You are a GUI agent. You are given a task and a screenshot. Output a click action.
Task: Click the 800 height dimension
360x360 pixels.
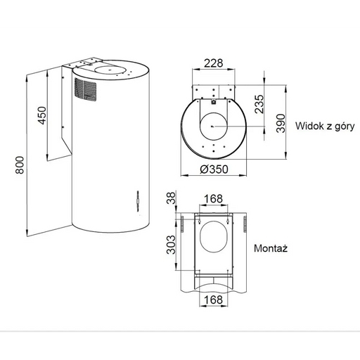click(20, 165)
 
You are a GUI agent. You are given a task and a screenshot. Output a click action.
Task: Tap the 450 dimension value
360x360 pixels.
click(42, 115)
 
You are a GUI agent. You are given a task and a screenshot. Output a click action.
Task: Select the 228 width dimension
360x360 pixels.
click(213, 63)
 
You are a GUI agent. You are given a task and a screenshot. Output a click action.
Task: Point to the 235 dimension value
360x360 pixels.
click(259, 104)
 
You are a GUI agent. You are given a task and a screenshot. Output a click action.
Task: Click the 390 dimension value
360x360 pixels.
click(281, 124)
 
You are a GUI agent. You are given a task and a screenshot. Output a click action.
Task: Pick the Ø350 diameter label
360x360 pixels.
click(214, 169)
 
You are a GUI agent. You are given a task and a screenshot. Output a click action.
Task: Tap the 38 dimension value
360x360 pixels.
click(171, 198)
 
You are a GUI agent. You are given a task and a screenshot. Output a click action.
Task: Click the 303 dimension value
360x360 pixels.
click(171, 245)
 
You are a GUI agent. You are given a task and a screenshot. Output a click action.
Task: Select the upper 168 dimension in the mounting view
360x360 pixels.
click(213, 199)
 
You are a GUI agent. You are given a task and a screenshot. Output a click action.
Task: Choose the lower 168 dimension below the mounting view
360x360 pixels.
click(213, 300)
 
